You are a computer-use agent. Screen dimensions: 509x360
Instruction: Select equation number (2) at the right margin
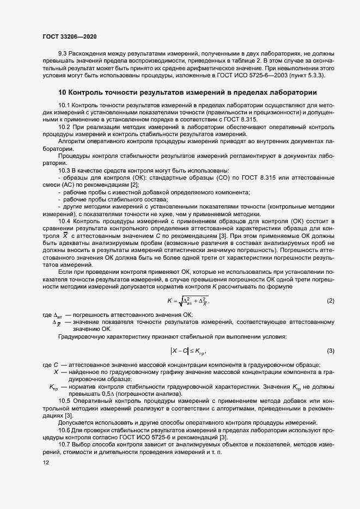pos(330,301)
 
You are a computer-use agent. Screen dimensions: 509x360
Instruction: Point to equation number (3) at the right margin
pos(330,351)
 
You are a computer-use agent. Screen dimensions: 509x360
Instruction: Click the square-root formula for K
pos(188,301)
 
